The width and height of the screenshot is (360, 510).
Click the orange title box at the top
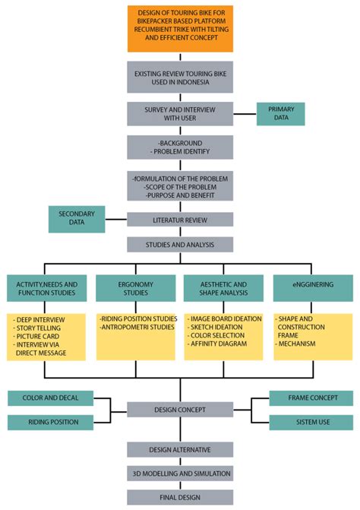click(180, 29)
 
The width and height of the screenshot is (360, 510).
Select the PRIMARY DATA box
click(281, 114)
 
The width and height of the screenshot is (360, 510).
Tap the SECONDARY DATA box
click(77, 219)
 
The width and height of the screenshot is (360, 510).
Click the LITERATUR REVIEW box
click(180, 220)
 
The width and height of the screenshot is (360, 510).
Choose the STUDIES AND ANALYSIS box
click(180, 245)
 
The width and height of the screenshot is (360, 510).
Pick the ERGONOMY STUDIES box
click(135, 288)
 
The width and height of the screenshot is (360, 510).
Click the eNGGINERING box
click(313, 288)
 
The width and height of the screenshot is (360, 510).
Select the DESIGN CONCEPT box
click(180, 410)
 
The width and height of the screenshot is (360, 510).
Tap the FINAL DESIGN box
click(180, 497)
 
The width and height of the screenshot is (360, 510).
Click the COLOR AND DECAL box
click(50, 398)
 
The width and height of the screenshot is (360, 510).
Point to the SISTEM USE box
click(311, 422)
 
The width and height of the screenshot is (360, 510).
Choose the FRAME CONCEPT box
click(311, 398)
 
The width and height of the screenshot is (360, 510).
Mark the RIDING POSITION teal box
click(50, 422)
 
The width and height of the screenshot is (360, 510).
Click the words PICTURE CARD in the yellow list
click(38, 336)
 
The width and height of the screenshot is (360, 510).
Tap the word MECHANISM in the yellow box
click(297, 344)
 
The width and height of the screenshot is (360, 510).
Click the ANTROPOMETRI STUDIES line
click(137, 328)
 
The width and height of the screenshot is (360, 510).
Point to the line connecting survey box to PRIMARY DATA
click(245, 114)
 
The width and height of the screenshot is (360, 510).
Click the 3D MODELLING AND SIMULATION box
click(180, 474)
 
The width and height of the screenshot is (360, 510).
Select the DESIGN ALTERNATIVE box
click(180, 449)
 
